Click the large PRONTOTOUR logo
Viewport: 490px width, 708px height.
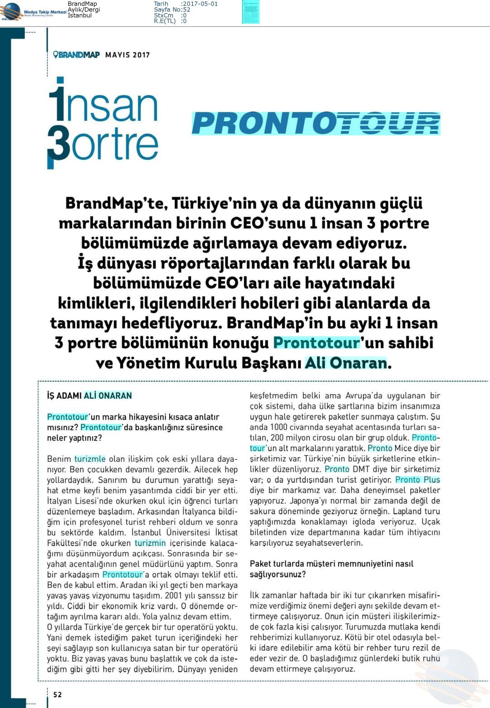[x=316, y=124]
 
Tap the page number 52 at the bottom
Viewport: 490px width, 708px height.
[x=57, y=694]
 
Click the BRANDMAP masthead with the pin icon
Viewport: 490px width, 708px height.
[x=77, y=55]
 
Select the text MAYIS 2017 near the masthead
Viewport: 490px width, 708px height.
[x=127, y=55]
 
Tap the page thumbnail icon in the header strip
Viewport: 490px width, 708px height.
[x=250, y=12]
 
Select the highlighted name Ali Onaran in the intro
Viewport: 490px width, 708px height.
[x=346, y=363]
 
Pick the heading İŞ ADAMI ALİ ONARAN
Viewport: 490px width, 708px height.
[x=89, y=396]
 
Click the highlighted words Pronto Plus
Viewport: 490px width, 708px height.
[x=417, y=480]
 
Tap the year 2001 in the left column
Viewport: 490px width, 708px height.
[x=174, y=595]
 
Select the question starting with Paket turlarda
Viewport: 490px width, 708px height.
[x=331, y=569]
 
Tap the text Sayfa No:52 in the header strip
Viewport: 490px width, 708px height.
[x=172, y=10]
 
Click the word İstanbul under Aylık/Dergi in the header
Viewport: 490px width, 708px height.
[x=79, y=15]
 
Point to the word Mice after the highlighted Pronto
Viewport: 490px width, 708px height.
[x=403, y=448]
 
